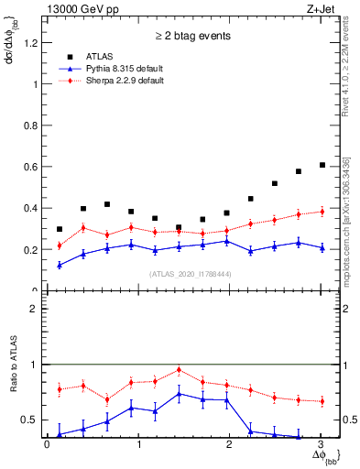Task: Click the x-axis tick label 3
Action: pyautogui.click(x=321, y=445)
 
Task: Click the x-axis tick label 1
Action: pyautogui.click(x=138, y=445)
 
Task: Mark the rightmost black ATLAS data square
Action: pyautogui.click(x=322, y=165)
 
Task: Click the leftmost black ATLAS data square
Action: pyautogui.click(x=59, y=229)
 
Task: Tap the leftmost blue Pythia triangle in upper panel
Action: pyautogui.click(x=59, y=265)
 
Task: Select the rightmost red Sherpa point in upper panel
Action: pyautogui.click(x=322, y=212)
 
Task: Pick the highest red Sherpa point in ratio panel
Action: pyautogui.click(x=179, y=369)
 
